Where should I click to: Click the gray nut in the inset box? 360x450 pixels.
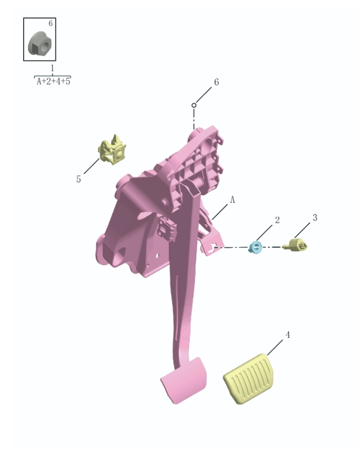(x=39, y=43)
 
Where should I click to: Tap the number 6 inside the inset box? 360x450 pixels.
(x=50, y=24)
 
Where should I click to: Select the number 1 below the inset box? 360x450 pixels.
(x=52, y=68)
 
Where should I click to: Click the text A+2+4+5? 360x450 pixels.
(x=53, y=81)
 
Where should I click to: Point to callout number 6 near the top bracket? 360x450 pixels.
(x=216, y=82)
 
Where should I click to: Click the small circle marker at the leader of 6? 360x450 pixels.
(x=194, y=105)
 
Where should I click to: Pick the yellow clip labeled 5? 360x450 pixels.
(x=112, y=150)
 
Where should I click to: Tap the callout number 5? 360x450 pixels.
(x=78, y=179)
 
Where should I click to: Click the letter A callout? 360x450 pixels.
(x=232, y=200)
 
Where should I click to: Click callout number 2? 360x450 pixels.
(x=277, y=220)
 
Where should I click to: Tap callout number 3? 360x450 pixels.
(x=315, y=217)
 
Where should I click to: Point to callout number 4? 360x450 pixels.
(x=287, y=335)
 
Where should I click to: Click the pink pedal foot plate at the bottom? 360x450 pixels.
(x=183, y=380)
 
